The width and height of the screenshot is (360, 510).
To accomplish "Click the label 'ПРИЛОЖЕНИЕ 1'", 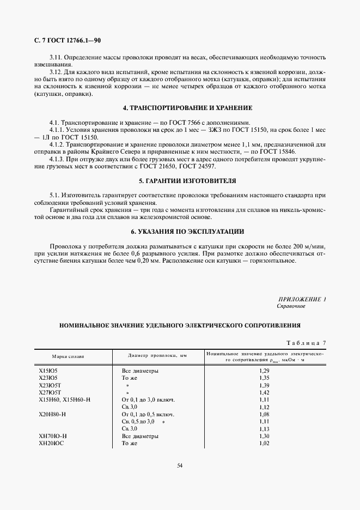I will [x=302, y=299].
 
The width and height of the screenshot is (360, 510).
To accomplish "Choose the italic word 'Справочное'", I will [x=291, y=306].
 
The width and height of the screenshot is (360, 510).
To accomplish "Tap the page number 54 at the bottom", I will [x=180, y=465].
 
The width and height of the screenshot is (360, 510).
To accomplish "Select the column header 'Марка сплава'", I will [x=68, y=356].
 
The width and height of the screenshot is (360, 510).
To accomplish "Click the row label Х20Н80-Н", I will [x=52, y=414].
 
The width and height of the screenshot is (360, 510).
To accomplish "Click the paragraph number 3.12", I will [x=56, y=72].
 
